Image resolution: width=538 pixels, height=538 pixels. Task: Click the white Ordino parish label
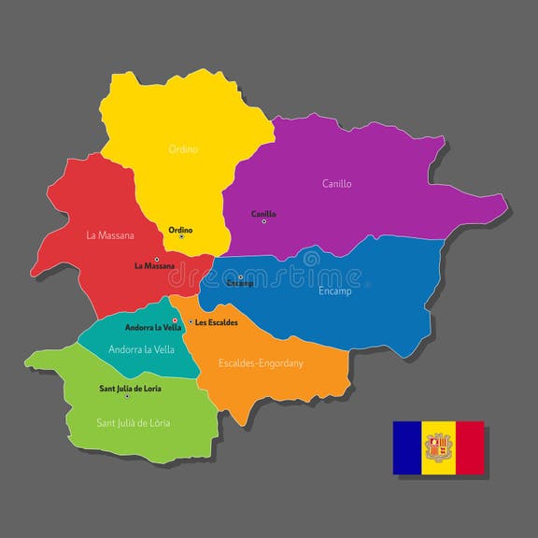tap(183, 149)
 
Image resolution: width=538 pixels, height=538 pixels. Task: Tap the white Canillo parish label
tap(336, 184)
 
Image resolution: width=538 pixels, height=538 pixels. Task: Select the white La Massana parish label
tap(109, 235)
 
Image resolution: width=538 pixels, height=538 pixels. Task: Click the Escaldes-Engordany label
tap(261, 363)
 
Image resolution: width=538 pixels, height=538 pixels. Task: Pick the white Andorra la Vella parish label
tap(141, 349)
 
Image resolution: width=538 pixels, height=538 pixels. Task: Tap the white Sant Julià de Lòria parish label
tap(134, 422)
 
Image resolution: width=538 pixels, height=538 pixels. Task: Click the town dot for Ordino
tap(181, 236)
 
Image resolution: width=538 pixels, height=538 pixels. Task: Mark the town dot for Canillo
tap(263, 221)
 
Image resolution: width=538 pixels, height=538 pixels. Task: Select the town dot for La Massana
tap(157, 259)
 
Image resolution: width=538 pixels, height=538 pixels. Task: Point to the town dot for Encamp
tap(240, 276)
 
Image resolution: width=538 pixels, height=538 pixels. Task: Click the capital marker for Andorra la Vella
tap(175, 320)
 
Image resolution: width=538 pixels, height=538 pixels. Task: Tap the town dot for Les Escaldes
tap(191, 322)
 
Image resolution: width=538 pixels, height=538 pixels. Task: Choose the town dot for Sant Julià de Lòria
tap(127, 396)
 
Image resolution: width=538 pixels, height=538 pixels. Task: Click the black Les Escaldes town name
tap(217, 322)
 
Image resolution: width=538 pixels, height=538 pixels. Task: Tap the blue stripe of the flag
tap(407, 447)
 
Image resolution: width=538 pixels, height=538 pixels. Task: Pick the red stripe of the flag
tap(469, 447)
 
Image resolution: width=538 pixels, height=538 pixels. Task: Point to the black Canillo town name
tap(263, 214)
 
